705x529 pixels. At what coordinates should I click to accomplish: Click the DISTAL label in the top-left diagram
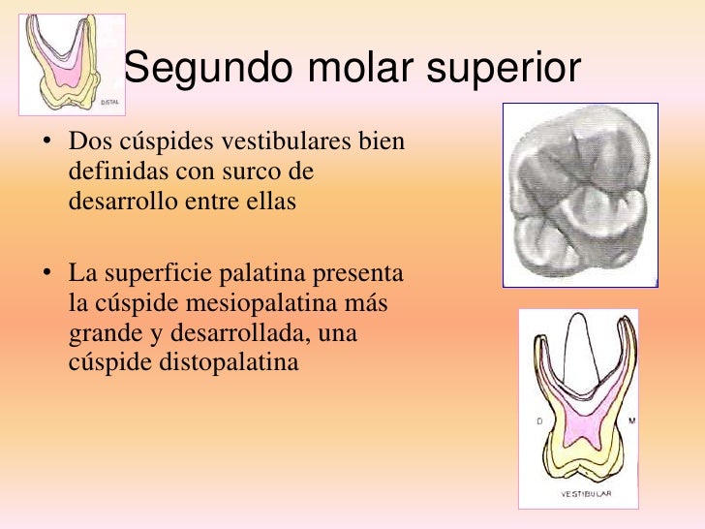(110, 101)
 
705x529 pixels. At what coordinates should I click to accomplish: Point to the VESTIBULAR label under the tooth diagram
(585, 494)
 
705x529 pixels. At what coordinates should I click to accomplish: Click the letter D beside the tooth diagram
(538, 421)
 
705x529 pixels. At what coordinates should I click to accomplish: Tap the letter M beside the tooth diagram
(631, 421)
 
